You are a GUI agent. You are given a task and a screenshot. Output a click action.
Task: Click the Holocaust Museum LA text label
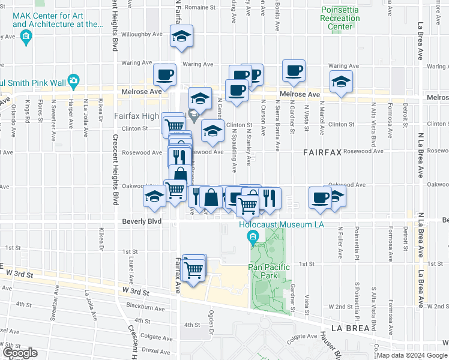point(282,225)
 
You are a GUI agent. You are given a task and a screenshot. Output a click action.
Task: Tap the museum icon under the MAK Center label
point(26,38)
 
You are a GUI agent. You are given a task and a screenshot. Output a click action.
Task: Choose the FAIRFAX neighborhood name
point(322,153)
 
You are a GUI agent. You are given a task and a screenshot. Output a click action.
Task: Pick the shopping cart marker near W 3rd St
point(193,271)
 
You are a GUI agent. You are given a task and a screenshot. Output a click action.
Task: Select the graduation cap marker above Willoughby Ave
point(181,37)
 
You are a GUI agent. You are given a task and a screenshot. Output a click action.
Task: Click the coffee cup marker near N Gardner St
point(294,71)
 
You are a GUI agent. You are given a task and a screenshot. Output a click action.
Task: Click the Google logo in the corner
point(20,353)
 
